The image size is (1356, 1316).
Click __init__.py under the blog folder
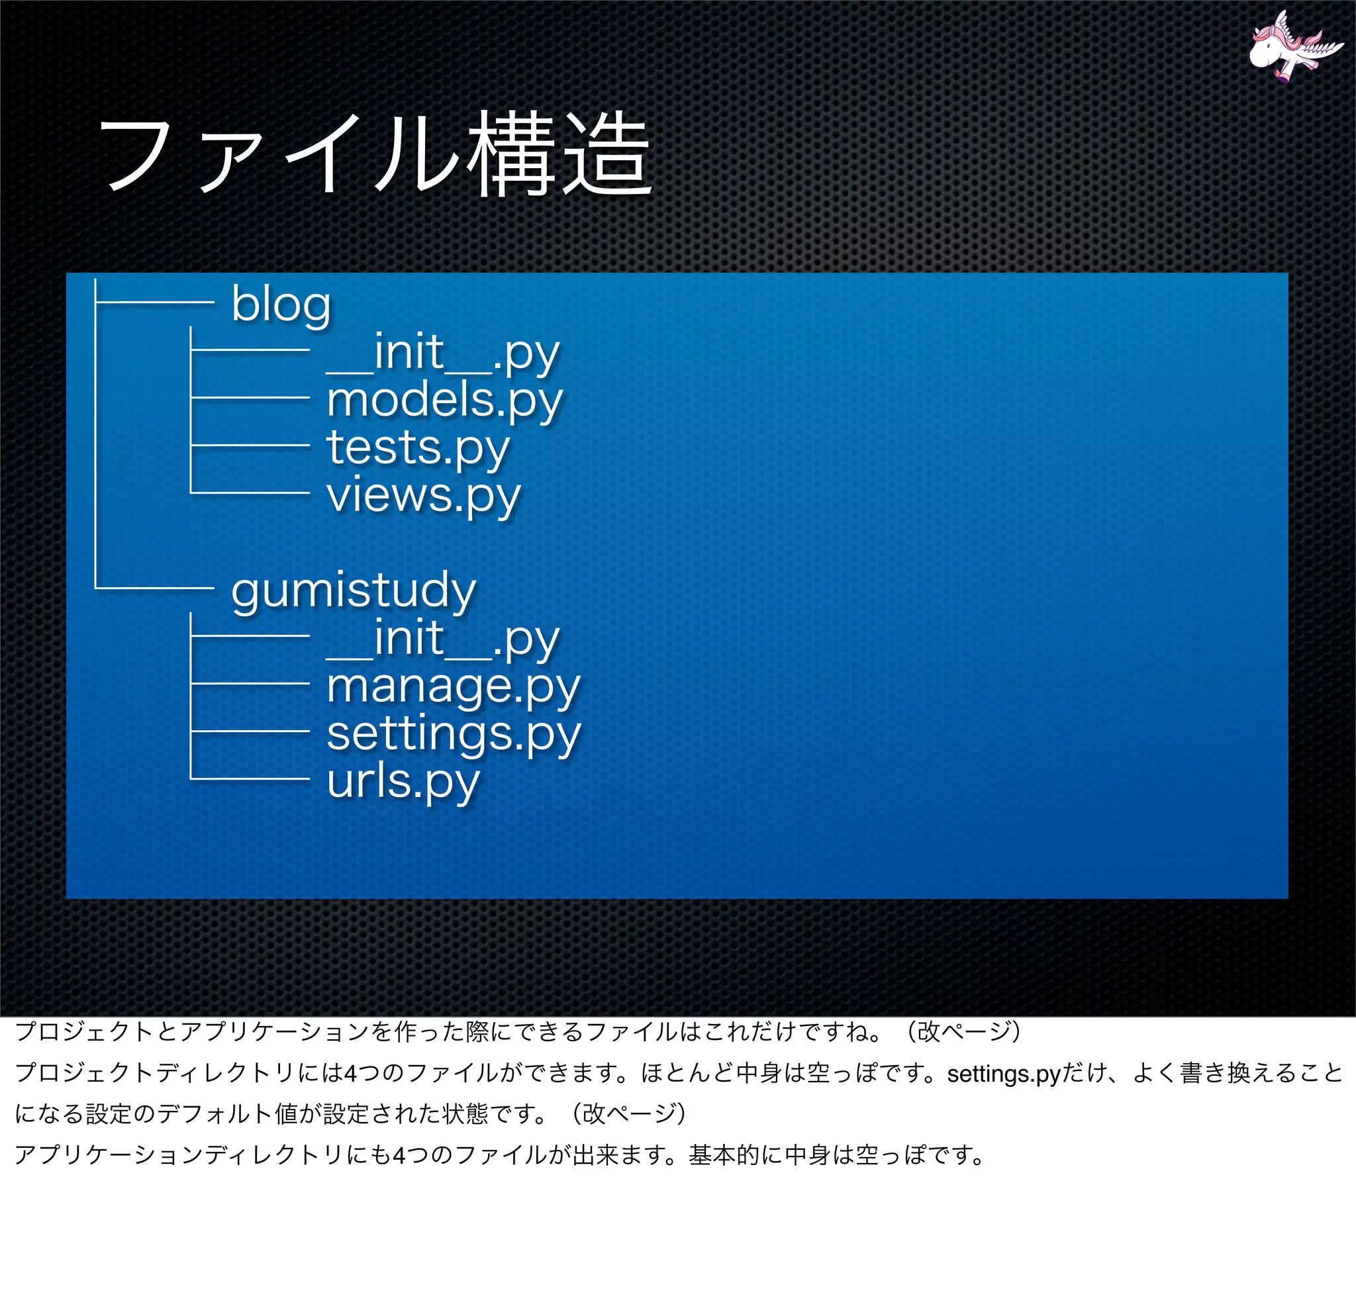443,353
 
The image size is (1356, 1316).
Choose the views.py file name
423,496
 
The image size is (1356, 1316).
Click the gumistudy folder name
354,590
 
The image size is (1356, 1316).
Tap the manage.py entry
453,686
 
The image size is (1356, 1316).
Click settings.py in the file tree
454,733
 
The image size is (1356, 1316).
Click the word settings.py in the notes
1003,1074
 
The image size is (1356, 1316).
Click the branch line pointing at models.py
250,398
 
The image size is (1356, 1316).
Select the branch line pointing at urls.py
250,779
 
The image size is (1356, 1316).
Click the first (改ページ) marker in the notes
965,1032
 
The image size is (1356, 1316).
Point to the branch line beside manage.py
250,684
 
